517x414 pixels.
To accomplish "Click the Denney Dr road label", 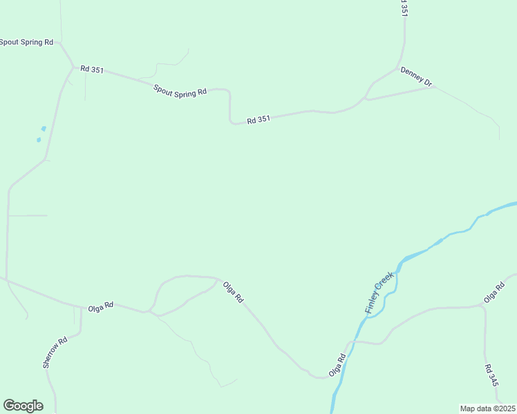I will click(416, 77).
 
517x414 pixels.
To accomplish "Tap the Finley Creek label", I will click(379, 293).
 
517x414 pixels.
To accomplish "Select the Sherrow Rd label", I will click(55, 352).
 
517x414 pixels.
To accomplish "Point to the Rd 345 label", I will click(491, 375).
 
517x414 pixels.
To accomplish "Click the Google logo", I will click(23, 406).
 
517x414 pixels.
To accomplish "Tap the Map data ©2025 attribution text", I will click(488, 408).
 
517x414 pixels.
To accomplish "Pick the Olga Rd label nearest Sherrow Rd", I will click(100, 306).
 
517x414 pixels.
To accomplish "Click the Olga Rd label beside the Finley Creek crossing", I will click(337, 366).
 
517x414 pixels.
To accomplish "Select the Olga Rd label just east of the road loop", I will click(234, 291).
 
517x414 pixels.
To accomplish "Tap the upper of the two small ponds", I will click(44, 128).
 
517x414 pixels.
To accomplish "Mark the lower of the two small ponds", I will click(39, 140).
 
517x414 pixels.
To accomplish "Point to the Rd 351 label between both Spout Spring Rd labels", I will click(92, 69).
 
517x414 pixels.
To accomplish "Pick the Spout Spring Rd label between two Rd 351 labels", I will click(180, 90).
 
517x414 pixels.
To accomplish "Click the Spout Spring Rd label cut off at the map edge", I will click(26, 42).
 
